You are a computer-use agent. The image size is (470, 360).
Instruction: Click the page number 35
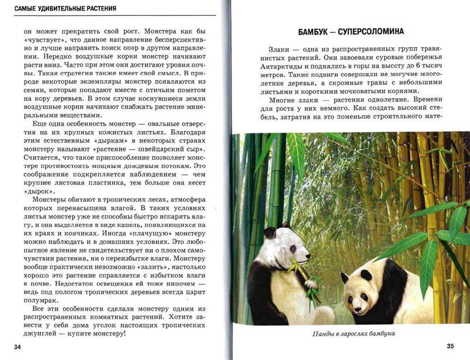coord(450,346)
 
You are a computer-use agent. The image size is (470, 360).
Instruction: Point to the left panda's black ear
coord(270,233)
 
